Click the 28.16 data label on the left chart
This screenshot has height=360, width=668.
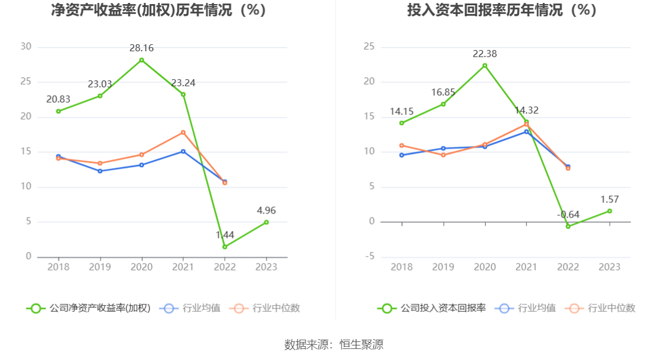click(x=141, y=48)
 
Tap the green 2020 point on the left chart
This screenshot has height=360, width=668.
click(x=141, y=60)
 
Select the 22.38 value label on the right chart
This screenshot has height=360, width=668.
click(x=485, y=54)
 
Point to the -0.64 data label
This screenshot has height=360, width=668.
click(x=568, y=215)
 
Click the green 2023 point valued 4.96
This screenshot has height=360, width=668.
click(x=266, y=222)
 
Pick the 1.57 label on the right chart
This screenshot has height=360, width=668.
click(x=609, y=199)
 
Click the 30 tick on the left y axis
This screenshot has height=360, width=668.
click(x=26, y=47)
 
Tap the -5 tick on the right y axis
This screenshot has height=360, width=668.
click(x=369, y=257)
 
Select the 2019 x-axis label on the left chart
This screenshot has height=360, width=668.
click(x=100, y=267)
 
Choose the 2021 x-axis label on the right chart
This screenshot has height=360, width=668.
click(x=526, y=267)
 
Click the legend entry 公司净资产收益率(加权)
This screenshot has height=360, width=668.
click(x=88, y=308)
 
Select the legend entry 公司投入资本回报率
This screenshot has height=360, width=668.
click(x=432, y=308)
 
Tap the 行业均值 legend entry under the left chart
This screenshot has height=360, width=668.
click(x=193, y=308)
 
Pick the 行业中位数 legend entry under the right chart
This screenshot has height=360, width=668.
click(x=602, y=308)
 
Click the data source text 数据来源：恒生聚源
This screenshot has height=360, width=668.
click(x=334, y=344)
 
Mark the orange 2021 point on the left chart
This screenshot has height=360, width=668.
click(x=183, y=133)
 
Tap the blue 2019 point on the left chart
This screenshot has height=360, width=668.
click(x=100, y=171)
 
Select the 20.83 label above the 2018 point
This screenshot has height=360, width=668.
click(x=58, y=100)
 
